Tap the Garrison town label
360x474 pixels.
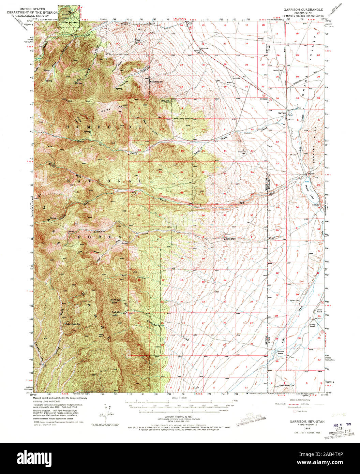282,113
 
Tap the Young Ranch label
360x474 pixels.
312,325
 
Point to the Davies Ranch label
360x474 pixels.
319,311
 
